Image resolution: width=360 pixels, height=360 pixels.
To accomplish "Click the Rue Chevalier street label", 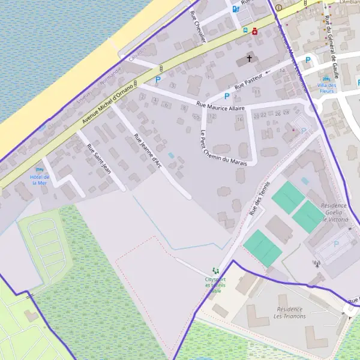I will pos(197,26).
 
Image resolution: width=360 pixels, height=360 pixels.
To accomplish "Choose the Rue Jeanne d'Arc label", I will pos(148,149).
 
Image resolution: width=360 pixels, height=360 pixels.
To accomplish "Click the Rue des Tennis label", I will pos(259,199).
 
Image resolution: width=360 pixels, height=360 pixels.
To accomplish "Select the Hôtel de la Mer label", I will pos(39,179).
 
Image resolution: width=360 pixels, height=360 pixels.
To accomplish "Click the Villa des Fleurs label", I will pos(327,88).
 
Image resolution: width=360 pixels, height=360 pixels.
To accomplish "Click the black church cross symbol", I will pos(248,59).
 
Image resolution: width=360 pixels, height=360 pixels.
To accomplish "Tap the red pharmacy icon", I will pos(255,31).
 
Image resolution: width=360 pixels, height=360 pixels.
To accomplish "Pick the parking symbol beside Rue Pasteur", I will pos(227,96).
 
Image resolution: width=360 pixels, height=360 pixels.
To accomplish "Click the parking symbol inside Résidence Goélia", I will pos(335,244).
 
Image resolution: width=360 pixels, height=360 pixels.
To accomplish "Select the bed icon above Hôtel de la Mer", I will pos(40,169).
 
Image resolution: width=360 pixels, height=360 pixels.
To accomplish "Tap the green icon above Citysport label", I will pos(215,272).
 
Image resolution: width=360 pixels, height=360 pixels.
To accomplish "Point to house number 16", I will pos(240,119).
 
